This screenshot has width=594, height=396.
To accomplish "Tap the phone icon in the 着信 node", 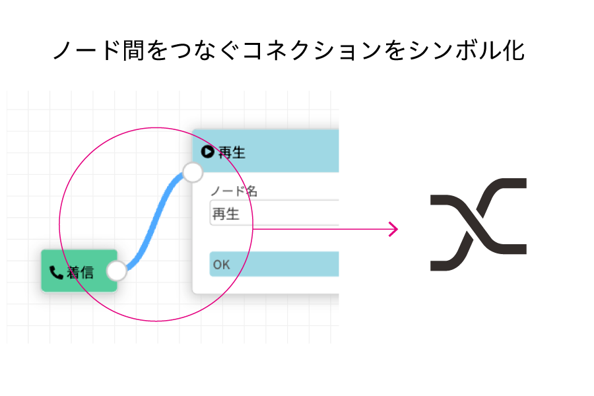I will click(x=56, y=272).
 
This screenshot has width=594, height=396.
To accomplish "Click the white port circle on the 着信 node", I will click(x=117, y=271).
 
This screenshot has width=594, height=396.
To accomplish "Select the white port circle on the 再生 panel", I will click(x=192, y=172).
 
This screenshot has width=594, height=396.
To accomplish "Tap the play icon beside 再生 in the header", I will click(x=208, y=152).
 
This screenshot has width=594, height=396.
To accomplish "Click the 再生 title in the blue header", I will click(x=232, y=152).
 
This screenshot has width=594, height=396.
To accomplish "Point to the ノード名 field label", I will click(x=234, y=191).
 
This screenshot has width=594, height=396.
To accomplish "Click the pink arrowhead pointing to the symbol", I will click(x=395, y=229).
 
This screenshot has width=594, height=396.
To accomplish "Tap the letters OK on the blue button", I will click(x=221, y=265).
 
